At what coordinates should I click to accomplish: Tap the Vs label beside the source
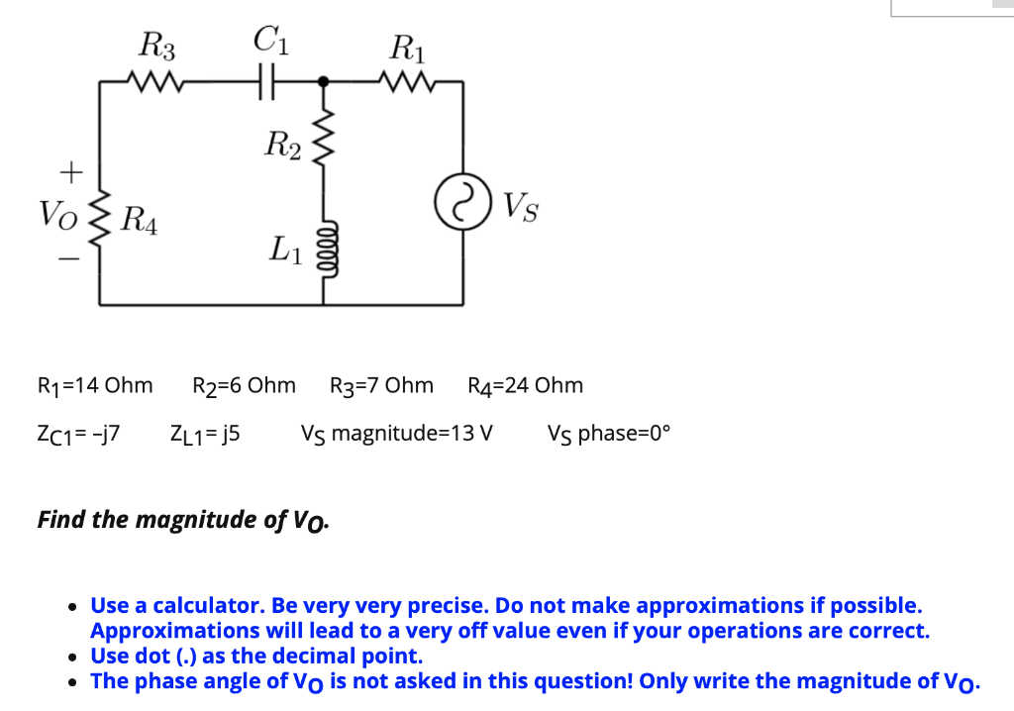521,208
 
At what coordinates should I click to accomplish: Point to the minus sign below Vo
67,260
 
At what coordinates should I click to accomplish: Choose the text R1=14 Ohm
94,385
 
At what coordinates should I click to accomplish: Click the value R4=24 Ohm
525,385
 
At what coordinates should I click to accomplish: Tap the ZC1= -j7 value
77,434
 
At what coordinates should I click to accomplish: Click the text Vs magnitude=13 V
397,434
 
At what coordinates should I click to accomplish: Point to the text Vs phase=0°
608,434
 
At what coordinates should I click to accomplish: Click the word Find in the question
60,519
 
